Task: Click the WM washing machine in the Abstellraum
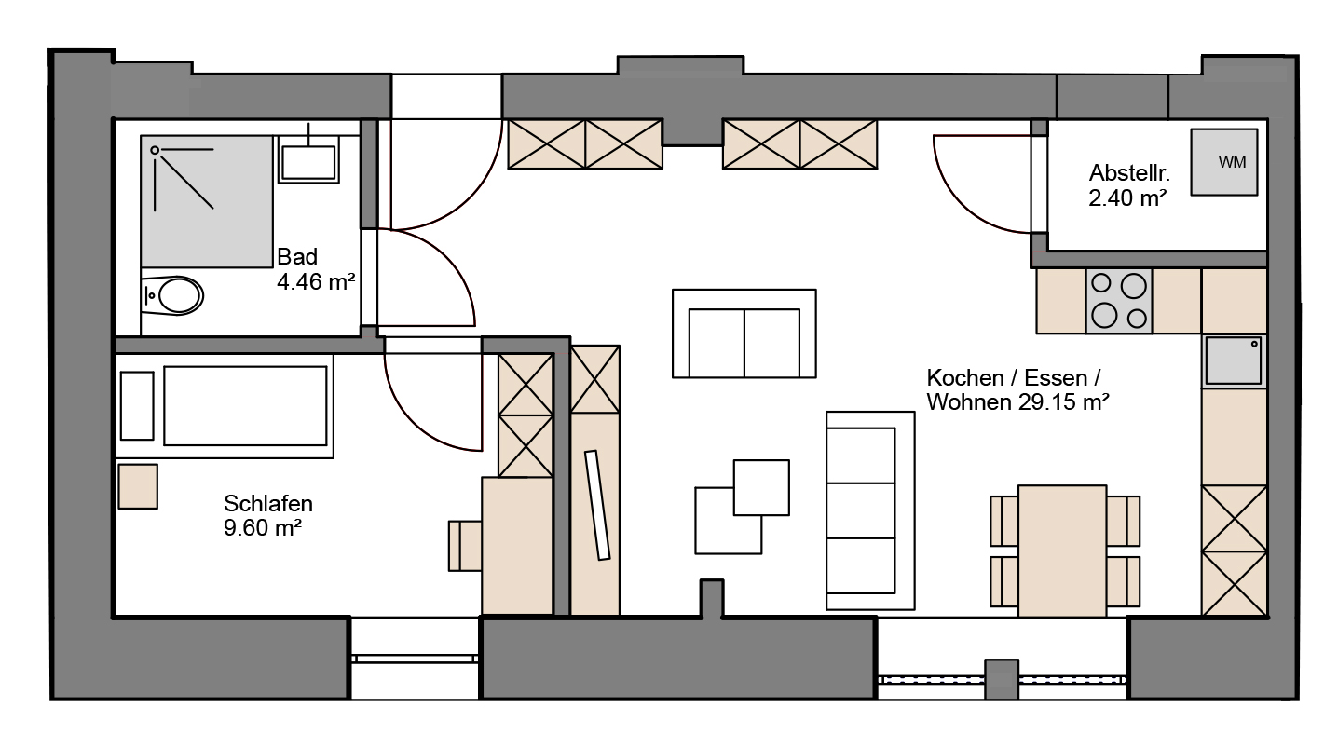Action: click(1224, 162)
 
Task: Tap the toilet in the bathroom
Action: click(173, 295)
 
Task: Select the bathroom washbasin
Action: click(308, 159)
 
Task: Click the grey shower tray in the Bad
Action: click(207, 201)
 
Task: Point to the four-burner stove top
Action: click(1119, 300)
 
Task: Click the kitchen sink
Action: click(1234, 361)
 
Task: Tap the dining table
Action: click(1062, 551)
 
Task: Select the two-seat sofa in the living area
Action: click(744, 333)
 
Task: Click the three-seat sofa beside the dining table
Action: click(870, 511)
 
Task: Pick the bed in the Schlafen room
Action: click(225, 406)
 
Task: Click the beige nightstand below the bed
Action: click(138, 486)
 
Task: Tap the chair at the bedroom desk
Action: click(465, 546)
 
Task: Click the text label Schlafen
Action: click(268, 504)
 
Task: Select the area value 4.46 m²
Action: click(316, 281)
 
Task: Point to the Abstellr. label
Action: click(1129, 173)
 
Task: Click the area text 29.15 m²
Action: click(1064, 402)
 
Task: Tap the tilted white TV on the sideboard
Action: click(597, 505)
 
